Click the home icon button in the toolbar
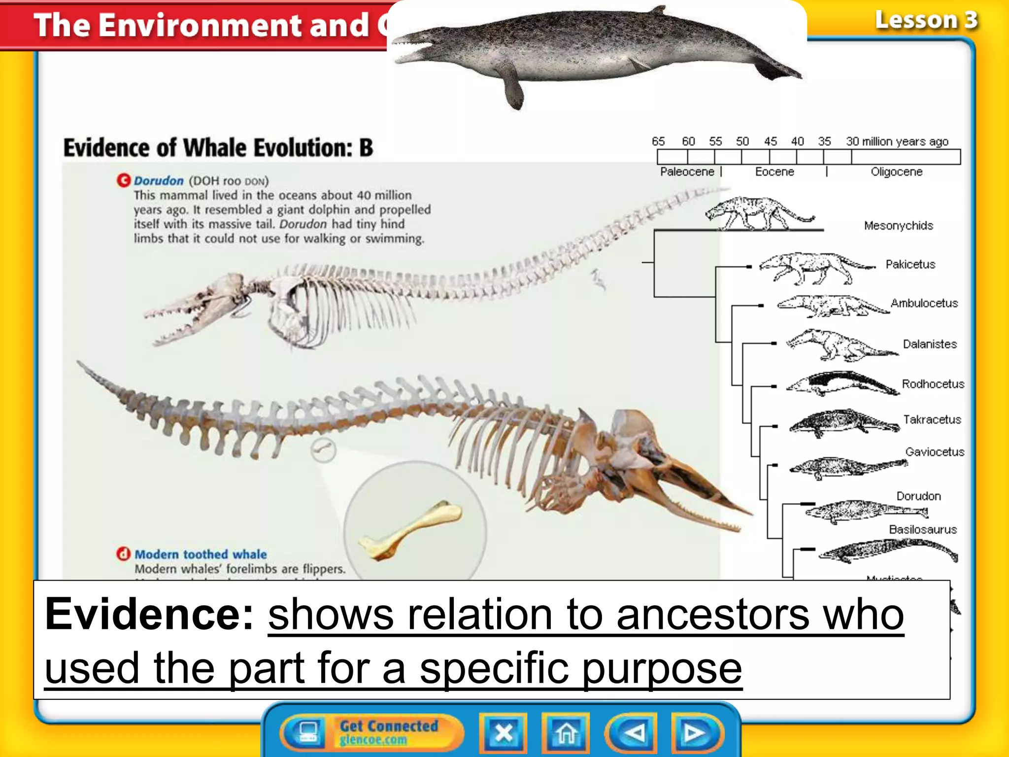click(566, 733)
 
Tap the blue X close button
click(503, 733)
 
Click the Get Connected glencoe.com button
click(372, 732)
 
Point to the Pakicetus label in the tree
click(910, 265)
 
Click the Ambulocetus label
click(924, 304)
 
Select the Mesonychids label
click(898, 226)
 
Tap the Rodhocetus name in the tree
click(933, 384)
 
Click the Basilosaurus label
click(923, 530)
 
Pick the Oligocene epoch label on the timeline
click(896, 172)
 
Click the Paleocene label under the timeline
click(687, 172)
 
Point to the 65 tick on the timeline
click(658, 141)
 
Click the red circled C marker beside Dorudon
click(123, 180)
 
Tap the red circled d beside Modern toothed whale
click(123, 554)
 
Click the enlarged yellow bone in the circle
click(411, 530)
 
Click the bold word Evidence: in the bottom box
click(149, 614)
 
